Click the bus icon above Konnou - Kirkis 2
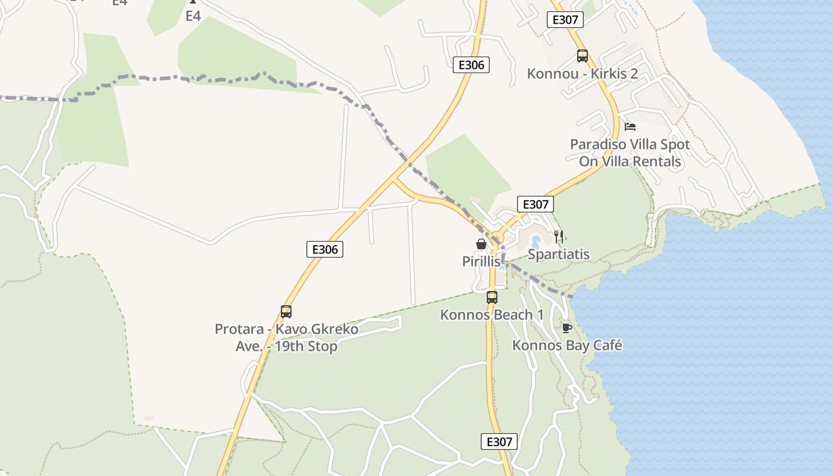point(582,56)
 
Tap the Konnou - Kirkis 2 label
point(582,74)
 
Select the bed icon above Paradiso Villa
point(630,126)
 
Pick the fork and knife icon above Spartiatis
point(558,237)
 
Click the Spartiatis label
point(559,255)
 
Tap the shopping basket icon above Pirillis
point(481,244)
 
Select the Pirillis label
point(481,261)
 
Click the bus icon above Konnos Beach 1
point(492,297)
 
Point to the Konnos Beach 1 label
point(491,315)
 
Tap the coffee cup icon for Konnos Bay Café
point(566,328)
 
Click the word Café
point(606,345)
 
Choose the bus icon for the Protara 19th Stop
point(286,312)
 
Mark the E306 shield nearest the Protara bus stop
point(325,249)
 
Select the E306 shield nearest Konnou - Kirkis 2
point(471,65)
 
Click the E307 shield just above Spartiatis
point(535,204)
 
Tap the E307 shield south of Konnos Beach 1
point(499,441)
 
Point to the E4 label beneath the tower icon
point(193,16)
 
